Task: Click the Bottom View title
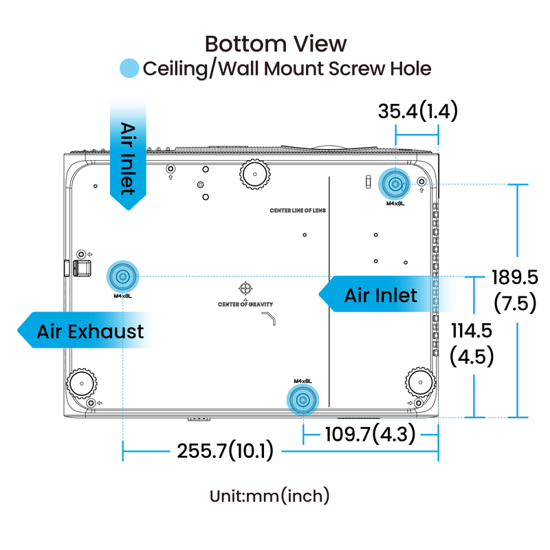pyautogui.click(x=276, y=44)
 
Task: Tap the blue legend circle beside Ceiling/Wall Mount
pyautogui.click(x=129, y=68)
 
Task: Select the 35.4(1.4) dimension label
pyautogui.click(x=418, y=111)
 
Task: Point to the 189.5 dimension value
pyautogui.click(x=514, y=277)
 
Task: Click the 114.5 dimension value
pyautogui.click(x=472, y=331)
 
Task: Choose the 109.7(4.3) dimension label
pyautogui.click(x=371, y=434)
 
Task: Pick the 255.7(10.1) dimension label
pyautogui.click(x=225, y=451)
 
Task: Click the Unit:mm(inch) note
pyautogui.click(x=269, y=496)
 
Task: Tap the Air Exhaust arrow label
pyautogui.click(x=85, y=330)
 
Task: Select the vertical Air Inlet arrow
pyautogui.click(x=128, y=156)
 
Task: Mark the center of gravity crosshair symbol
pyautogui.click(x=245, y=288)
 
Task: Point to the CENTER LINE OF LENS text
pyautogui.click(x=298, y=210)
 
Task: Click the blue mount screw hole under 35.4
pyautogui.click(x=395, y=184)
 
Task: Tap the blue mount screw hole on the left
pyautogui.click(x=122, y=277)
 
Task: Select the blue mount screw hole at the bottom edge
pyautogui.click(x=302, y=400)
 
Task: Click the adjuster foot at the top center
pyautogui.click(x=255, y=174)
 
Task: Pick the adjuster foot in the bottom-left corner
pyautogui.click(x=82, y=384)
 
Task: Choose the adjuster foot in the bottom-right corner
pyautogui.click(x=421, y=382)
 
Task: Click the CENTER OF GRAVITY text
pyautogui.click(x=245, y=305)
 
